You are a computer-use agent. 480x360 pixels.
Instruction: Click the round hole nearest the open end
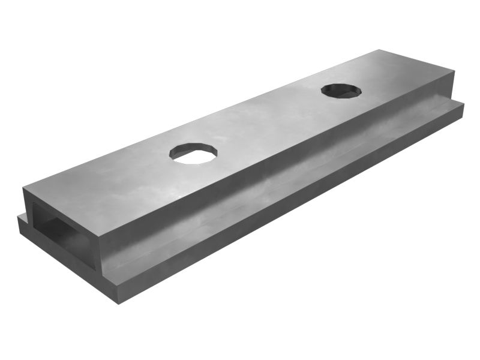tap(193, 153)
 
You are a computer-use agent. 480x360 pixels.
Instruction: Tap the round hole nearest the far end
tap(341, 91)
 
